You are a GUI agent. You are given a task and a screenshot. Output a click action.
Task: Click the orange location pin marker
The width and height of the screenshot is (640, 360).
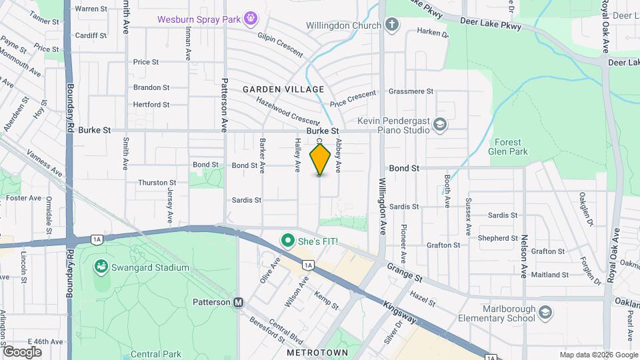(320, 159)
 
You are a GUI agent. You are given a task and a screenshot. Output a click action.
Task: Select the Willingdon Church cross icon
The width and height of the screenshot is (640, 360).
(392, 25)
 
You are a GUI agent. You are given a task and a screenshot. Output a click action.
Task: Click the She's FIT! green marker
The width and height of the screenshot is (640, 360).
(287, 239)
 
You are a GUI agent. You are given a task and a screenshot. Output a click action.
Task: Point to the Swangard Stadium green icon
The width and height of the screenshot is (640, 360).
(101, 267)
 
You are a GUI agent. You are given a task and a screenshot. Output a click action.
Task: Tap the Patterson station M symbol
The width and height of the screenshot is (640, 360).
(238, 302)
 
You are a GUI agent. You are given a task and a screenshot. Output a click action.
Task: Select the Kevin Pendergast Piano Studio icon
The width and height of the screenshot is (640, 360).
(440, 125)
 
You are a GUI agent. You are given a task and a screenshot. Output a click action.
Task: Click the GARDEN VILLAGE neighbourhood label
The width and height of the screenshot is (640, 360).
(283, 89)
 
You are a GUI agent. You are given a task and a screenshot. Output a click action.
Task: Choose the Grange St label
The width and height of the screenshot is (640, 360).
(405, 271)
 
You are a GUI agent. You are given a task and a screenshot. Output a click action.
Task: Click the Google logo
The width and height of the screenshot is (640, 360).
(21, 351)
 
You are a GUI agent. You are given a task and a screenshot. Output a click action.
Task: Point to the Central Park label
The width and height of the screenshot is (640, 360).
(153, 354)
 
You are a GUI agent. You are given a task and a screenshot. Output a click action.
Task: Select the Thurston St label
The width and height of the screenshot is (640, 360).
(157, 182)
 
